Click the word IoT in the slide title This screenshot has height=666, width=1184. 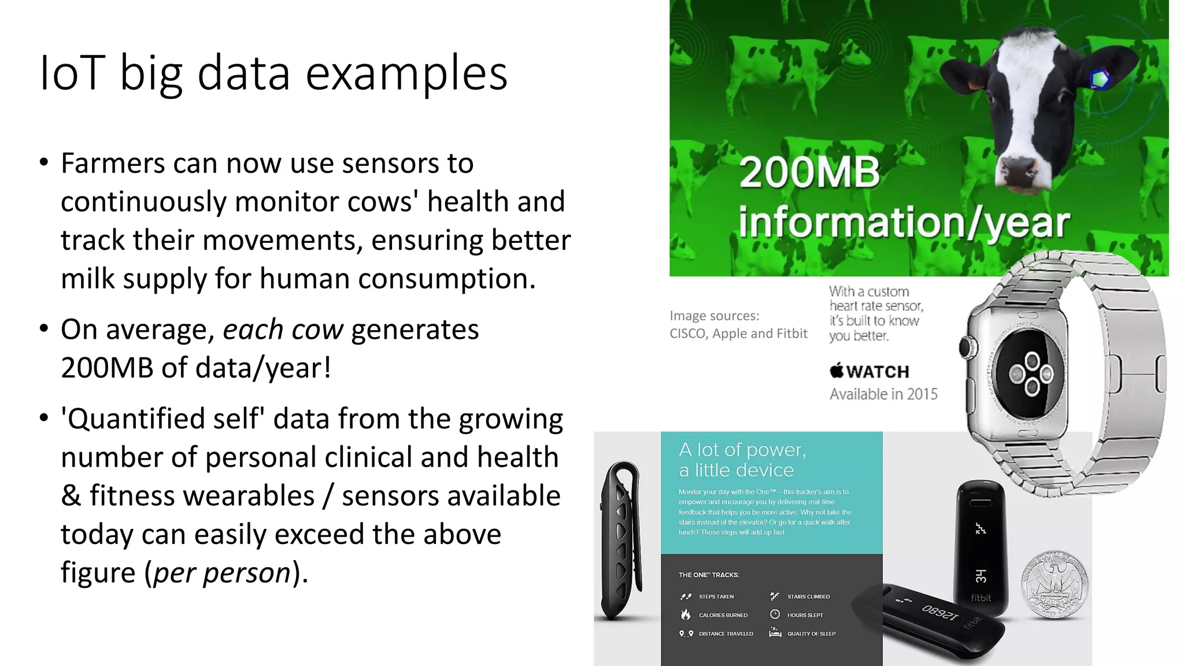(72, 73)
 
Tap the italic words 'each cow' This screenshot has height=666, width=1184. (283, 330)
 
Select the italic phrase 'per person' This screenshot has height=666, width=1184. (222, 573)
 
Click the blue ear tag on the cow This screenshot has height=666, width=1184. (1100, 79)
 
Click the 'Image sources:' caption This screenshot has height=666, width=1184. (715, 316)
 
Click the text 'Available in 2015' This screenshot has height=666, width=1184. (883, 394)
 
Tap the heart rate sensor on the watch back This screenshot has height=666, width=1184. (1031, 374)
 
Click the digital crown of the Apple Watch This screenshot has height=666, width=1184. (965, 347)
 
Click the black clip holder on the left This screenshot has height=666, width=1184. (621, 541)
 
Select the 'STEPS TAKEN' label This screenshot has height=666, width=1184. (716, 597)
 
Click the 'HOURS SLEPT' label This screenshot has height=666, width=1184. (805, 615)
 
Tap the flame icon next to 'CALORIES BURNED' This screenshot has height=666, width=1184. (686, 615)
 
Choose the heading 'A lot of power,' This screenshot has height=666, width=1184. (742, 450)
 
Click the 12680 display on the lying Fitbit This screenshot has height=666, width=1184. (939, 613)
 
